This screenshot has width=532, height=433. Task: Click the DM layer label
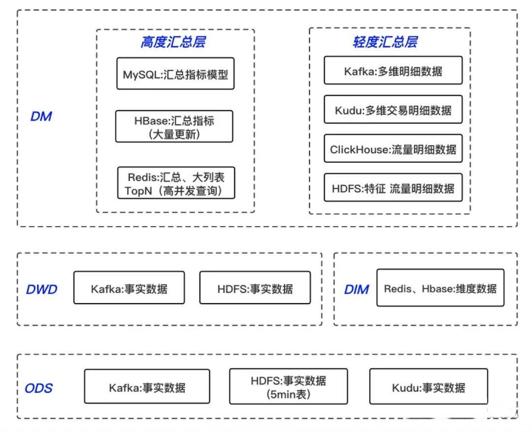41,116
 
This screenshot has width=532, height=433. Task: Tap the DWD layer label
41,290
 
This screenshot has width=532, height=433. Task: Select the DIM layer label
356,290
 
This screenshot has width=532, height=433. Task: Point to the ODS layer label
39,388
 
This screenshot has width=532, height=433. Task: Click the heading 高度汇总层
173,42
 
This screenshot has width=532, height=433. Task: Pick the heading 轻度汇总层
385,42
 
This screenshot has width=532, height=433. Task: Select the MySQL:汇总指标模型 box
175,73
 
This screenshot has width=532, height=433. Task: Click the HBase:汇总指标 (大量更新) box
174,126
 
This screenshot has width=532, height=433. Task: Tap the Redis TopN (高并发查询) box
176,183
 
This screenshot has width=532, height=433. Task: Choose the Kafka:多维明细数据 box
393,70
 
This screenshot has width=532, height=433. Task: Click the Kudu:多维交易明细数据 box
393,109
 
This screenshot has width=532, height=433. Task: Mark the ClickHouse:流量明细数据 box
393,148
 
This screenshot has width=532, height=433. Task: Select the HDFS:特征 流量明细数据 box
393,188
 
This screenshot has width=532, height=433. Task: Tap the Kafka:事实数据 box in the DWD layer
129,287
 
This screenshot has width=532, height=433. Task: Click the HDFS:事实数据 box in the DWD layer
255,287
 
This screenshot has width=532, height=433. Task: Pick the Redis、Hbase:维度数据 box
440,288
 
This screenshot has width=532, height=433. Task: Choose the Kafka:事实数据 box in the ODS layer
147,387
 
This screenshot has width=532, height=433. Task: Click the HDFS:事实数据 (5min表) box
289,387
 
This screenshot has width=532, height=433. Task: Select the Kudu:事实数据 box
429,387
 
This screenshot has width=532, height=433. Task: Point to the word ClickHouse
359,149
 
